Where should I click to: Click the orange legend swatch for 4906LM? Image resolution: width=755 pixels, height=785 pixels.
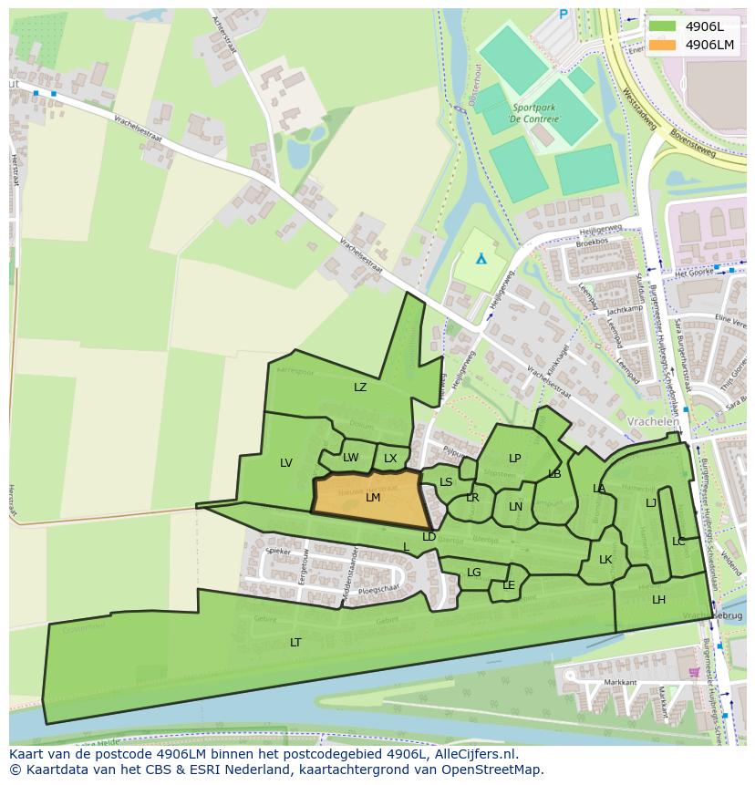(x=663, y=44)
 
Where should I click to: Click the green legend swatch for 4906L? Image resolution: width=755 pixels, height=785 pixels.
(x=663, y=26)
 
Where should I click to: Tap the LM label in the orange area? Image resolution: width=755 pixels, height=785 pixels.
(x=373, y=498)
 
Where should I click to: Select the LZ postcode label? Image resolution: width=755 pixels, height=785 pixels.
(x=360, y=387)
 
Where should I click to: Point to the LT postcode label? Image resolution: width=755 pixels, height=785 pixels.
(x=295, y=643)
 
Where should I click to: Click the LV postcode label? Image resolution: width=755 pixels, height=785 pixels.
(x=286, y=463)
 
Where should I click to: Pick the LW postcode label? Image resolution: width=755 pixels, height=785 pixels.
(x=351, y=458)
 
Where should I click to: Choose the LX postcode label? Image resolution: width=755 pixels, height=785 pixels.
(x=390, y=459)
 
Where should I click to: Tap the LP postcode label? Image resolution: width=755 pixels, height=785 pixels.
(x=514, y=459)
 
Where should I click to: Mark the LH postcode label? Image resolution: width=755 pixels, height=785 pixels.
(x=658, y=600)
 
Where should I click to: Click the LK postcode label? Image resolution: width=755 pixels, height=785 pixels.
(x=605, y=560)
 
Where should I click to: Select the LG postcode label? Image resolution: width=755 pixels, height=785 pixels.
(x=474, y=573)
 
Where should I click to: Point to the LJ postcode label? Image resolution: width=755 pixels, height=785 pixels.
(x=651, y=503)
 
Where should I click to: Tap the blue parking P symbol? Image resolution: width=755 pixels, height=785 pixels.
(x=563, y=15)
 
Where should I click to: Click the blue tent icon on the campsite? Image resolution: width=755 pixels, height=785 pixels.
(x=481, y=259)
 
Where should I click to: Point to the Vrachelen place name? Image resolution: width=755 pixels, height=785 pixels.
(x=653, y=422)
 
